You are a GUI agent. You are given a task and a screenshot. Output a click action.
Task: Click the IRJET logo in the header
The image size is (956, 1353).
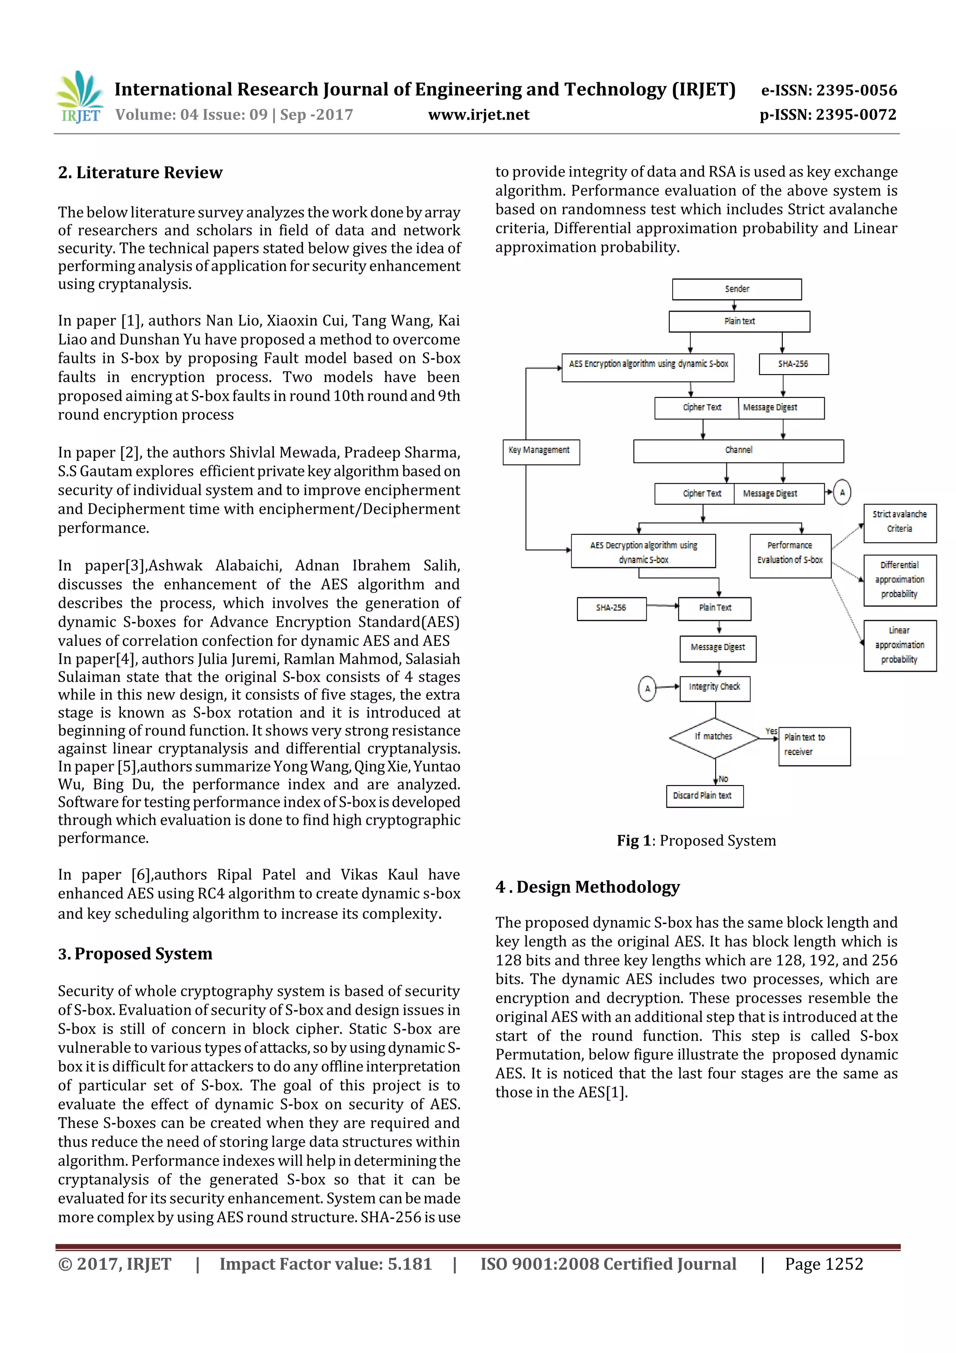(x=79, y=98)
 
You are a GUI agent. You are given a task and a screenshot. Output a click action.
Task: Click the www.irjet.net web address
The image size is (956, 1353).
(x=478, y=115)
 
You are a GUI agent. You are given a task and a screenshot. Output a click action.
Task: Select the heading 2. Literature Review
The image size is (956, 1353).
(x=140, y=173)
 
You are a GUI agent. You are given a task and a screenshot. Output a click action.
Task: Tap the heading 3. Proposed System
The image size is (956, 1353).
(x=135, y=954)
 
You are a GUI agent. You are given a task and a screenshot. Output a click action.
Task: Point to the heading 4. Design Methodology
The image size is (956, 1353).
(x=587, y=887)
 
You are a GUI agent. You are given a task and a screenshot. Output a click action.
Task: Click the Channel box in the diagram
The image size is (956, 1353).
(x=738, y=451)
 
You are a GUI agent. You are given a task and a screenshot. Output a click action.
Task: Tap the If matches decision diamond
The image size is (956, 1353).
(x=714, y=737)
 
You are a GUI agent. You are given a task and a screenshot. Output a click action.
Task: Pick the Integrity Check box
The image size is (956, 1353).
(x=715, y=687)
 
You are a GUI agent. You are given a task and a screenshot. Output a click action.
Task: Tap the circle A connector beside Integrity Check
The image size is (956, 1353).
(x=647, y=688)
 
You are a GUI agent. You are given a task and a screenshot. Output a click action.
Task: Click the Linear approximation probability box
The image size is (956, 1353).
(x=899, y=645)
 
